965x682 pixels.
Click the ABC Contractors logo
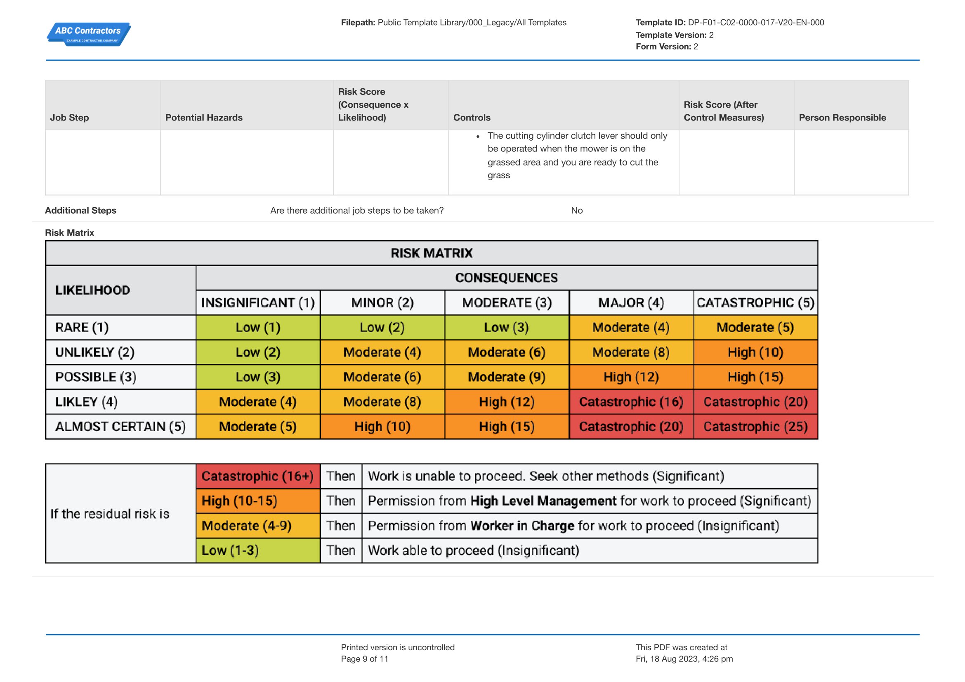click(89, 34)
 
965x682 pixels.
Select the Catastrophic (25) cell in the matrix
click(755, 427)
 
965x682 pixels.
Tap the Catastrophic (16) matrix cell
click(631, 402)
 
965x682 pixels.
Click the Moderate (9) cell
click(507, 377)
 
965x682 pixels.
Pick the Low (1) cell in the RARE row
click(258, 327)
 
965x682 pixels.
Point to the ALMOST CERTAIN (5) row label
click(120, 427)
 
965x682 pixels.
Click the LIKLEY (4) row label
click(87, 402)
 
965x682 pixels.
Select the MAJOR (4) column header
click(631, 302)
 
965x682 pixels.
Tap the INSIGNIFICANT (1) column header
click(258, 302)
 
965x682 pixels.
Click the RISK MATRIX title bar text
click(432, 253)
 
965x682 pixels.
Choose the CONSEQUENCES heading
click(507, 278)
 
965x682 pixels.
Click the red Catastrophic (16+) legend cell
click(258, 476)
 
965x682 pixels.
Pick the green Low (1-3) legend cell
click(258, 550)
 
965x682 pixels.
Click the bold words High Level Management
click(543, 501)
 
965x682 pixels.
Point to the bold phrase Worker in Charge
click(522, 526)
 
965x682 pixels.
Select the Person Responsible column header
click(842, 118)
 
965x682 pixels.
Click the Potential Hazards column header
click(204, 118)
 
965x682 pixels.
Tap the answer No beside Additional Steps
click(577, 210)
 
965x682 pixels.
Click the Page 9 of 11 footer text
click(364, 659)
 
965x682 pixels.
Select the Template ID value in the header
click(756, 23)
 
